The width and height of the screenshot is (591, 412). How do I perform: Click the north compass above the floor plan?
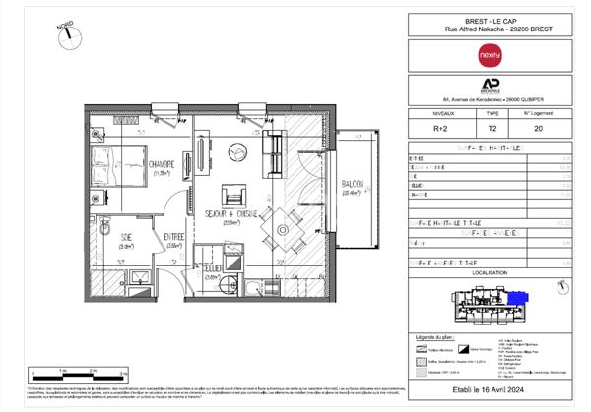pyautogui.click(x=69, y=33)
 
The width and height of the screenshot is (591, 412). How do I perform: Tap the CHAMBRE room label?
pyautogui.click(x=162, y=164)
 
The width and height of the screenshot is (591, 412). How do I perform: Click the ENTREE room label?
pyautogui.click(x=174, y=235)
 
